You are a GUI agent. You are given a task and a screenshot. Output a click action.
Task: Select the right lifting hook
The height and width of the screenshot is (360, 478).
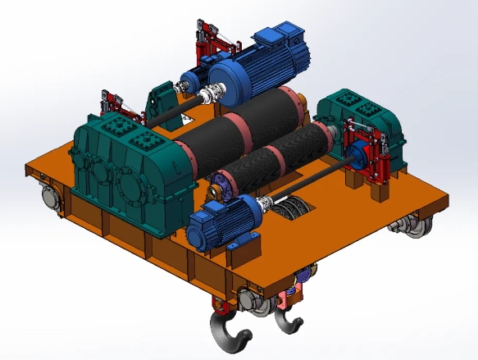click(x=287, y=320)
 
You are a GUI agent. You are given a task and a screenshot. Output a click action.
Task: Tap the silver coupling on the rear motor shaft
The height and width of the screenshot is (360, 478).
click(x=216, y=92)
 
